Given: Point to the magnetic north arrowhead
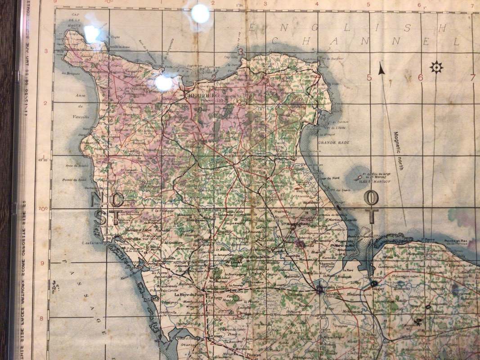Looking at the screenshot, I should click(381, 68).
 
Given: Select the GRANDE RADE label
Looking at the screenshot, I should click(334, 142).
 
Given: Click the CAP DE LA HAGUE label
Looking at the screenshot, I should click(75, 21).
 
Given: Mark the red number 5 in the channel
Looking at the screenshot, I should click(369, 77).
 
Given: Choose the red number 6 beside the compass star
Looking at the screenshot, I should click(421, 77).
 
